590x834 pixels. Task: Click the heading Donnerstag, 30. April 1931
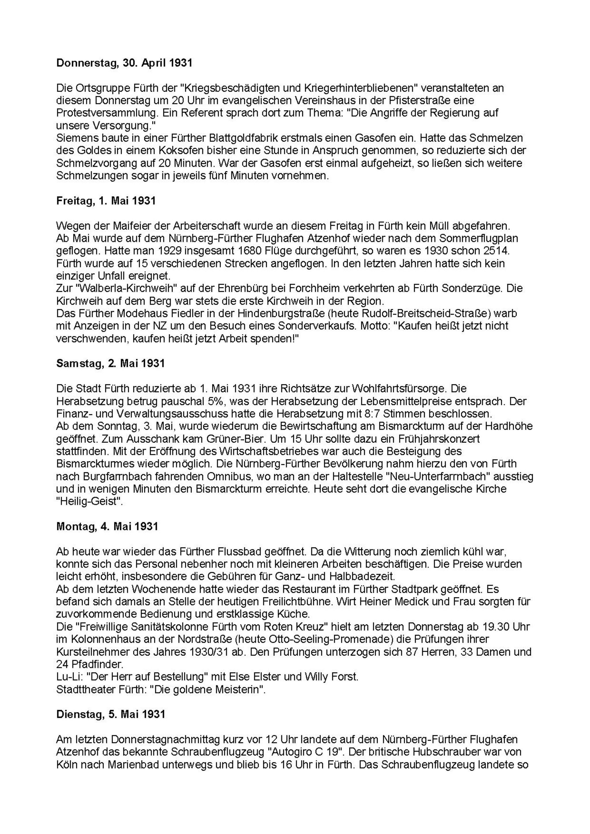click(124, 63)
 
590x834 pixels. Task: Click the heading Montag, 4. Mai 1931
click(107, 526)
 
